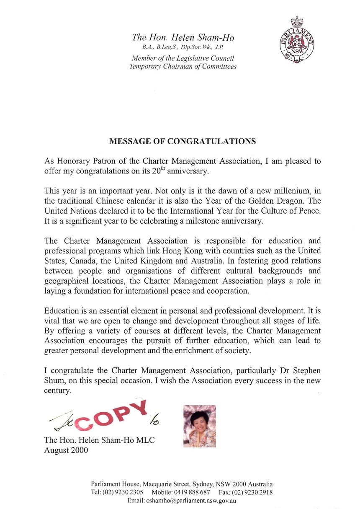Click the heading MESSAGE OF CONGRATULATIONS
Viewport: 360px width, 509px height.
tap(182, 141)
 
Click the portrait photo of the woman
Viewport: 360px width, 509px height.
tap(200, 426)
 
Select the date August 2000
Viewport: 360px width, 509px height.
tap(66, 451)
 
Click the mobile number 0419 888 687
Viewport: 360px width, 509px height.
tap(193, 492)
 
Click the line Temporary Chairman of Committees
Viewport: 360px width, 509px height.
tap(183, 66)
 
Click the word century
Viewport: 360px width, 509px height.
tap(58, 391)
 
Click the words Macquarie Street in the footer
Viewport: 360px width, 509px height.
tap(156, 484)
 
